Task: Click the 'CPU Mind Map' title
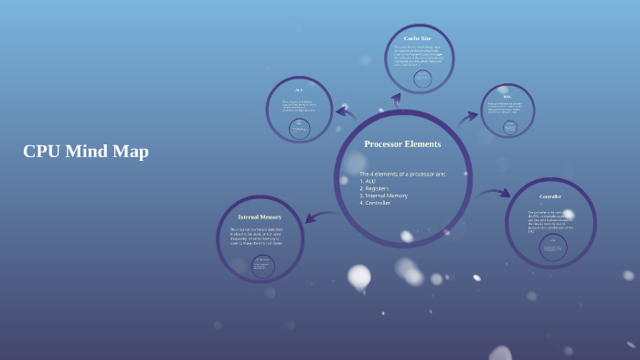coord(86,152)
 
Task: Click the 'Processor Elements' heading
coord(402,143)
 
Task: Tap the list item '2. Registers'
coord(375,188)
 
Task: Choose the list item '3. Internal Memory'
coord(383,196)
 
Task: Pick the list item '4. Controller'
coord(375,203)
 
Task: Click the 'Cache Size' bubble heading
coord(417,38)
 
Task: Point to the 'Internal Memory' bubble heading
coord(260,217)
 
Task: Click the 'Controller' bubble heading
coord(549,196)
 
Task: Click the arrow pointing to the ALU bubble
coord(346,113)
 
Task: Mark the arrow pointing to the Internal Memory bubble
coord(319,217)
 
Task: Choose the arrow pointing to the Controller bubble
coord(494,193)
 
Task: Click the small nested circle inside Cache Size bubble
coord(422,79)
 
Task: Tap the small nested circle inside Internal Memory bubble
coord(262,266)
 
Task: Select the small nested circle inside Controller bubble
coord(552,247)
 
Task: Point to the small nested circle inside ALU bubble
coord(299,129)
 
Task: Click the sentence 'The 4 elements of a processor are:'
coord(402,174)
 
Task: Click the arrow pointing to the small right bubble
coord(467,116)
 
